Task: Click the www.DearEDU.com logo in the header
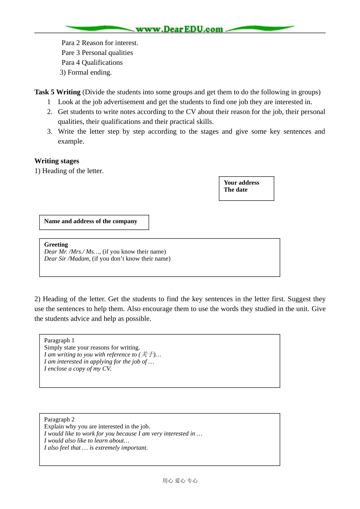(179, 29)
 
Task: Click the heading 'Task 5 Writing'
(57, 92)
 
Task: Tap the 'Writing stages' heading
(57, 161)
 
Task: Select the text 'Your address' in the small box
(241, 183)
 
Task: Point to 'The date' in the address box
(235, 190)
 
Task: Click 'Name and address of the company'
(91, 221)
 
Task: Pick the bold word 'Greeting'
(56, 245)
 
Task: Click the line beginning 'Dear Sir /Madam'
(107, 259)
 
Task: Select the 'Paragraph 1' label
(59, 340)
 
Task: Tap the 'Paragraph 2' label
(59, 420)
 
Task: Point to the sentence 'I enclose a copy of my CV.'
(78, 368)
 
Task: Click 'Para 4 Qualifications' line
(92, 62)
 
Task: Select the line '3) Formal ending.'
(86, 72)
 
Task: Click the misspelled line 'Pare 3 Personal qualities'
(97, 53)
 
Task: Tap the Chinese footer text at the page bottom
(180, 481)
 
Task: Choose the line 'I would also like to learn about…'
(87, 440)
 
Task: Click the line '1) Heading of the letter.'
(69, 171)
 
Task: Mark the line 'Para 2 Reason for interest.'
(100, 43)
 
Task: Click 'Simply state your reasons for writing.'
(92, 348)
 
